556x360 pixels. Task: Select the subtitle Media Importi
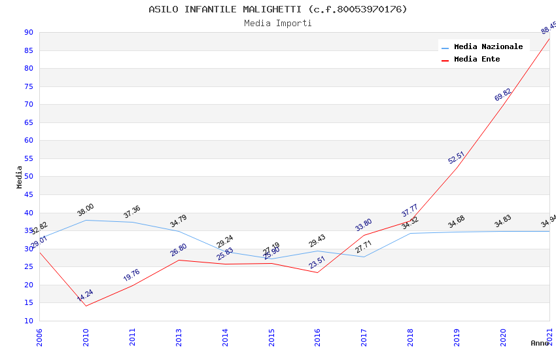[x=278, y=24]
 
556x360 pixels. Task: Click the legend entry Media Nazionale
[x=488, y=46]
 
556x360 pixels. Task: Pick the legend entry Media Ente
[x=477, y=59]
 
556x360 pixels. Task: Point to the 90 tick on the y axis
[x=28, y=33]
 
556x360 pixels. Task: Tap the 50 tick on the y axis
[x=28, y=177]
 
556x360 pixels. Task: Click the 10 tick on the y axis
[x=28, y=321]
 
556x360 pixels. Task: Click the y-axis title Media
[x=20, y=177]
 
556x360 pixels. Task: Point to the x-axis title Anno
[x=540, y=343]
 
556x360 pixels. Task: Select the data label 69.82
[x=503, y=95]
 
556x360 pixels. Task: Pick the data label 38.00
[x=86, y=210]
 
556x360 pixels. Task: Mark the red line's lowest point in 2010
[x=86, y=306]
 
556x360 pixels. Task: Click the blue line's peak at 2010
[x=86, y=220]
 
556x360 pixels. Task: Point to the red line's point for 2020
[x=503, y=105]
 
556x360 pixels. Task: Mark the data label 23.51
[x=317, y=262]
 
